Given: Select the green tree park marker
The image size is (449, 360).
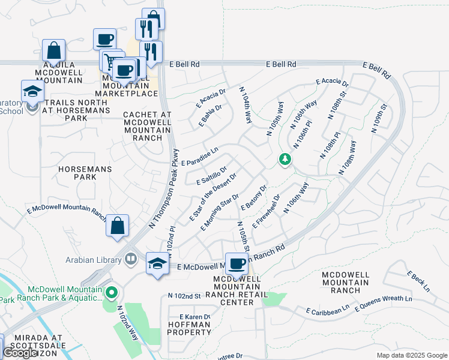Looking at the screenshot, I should coord(285,160).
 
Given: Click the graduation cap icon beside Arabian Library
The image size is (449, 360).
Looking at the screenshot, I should coord(157,263).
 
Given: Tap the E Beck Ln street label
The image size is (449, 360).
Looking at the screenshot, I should coord(418,281).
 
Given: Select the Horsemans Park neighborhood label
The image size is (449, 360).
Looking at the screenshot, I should coord(85,173).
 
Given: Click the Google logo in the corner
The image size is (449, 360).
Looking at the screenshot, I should coord(20,353).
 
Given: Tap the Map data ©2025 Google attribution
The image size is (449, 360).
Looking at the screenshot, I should coord(411,355).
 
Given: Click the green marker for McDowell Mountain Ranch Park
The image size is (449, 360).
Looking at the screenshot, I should coord(110,293).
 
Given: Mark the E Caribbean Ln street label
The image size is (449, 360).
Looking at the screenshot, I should coord(327,310).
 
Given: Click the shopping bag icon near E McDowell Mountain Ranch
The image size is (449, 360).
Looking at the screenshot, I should coord(118,226).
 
